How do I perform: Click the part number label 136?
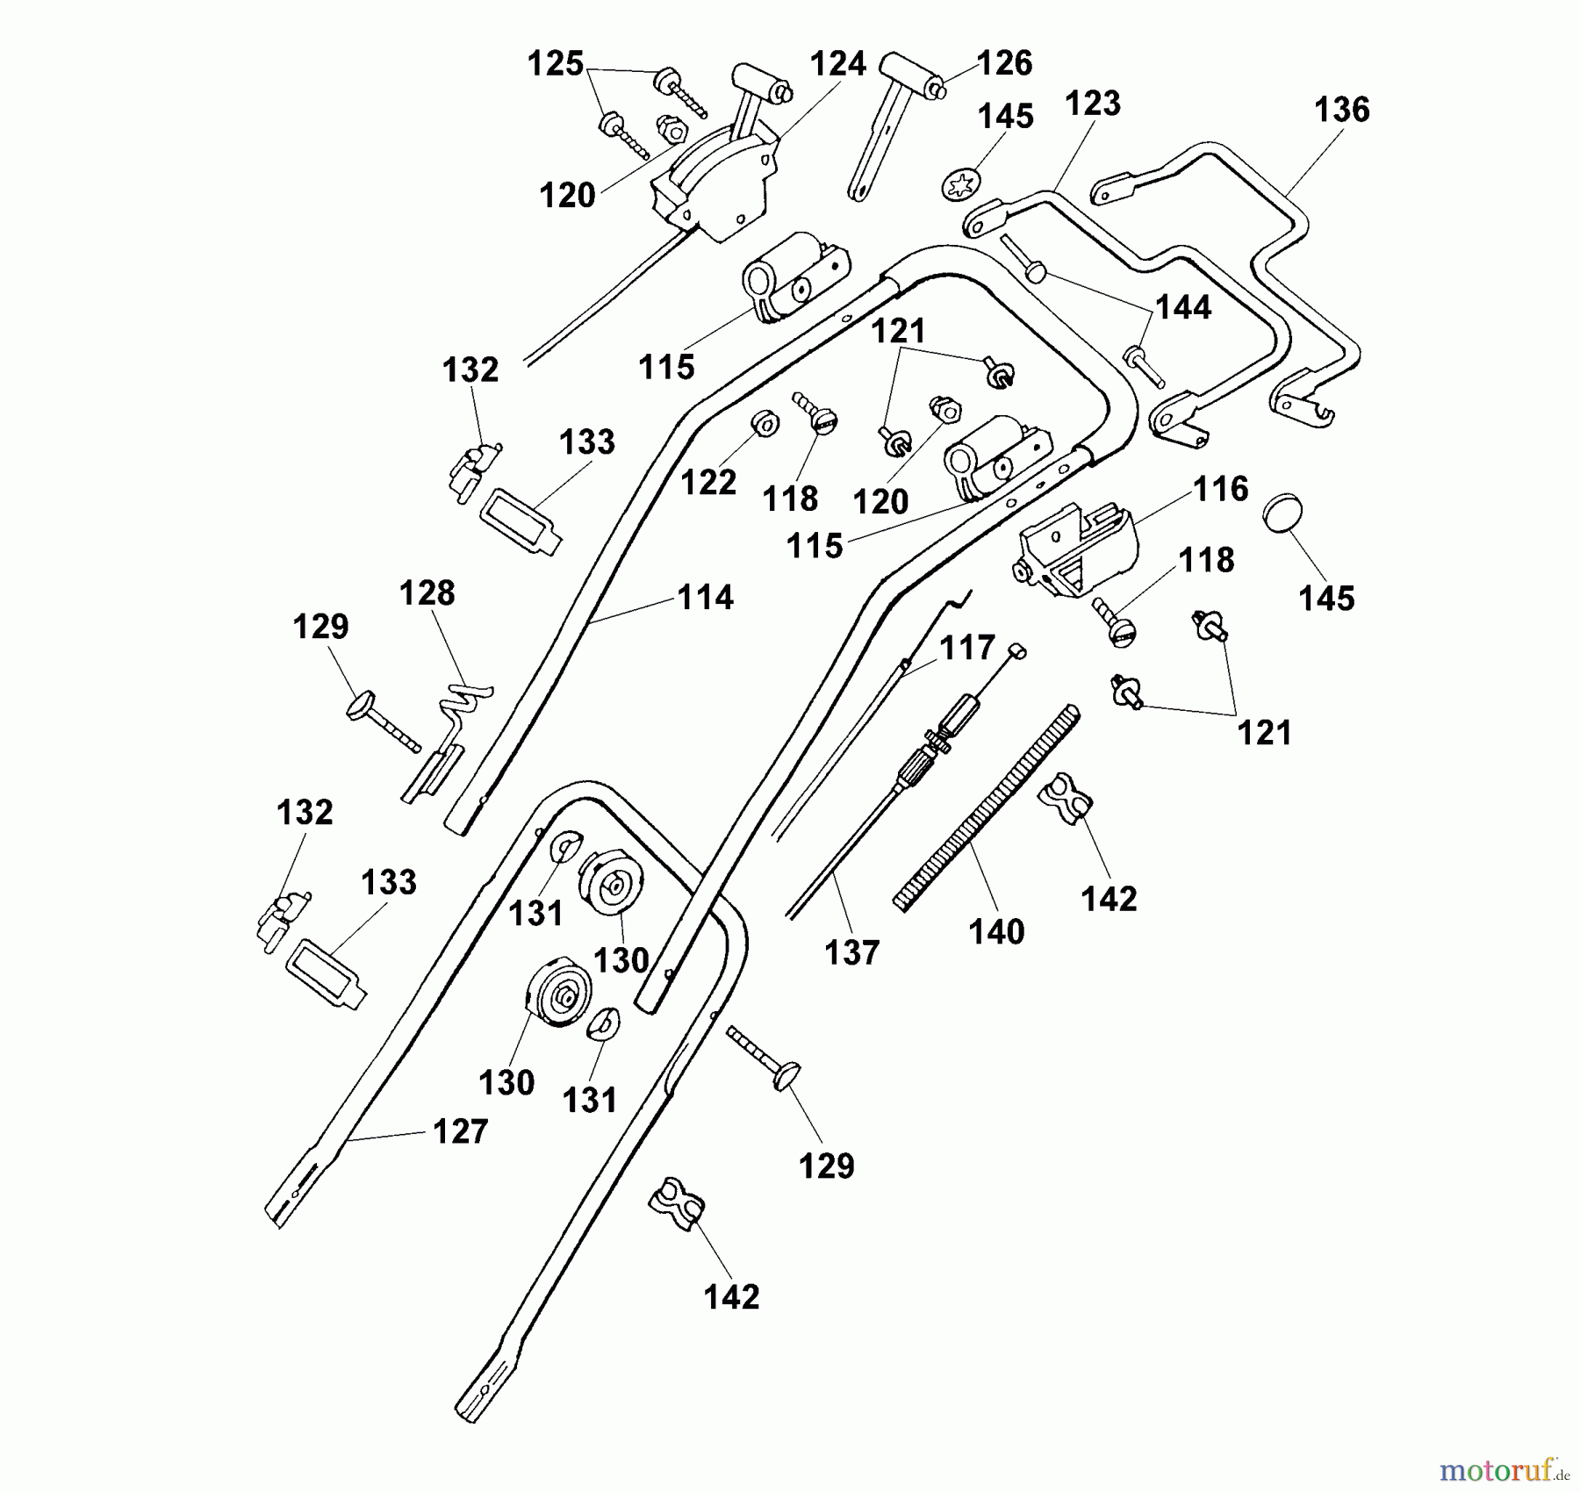[x=1341, y=110]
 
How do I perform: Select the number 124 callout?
[x=837, y=64]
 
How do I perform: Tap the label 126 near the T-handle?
[x=1004, y=63]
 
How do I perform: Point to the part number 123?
[x=1093, y=104]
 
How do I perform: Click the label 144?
[x=1183, y=308]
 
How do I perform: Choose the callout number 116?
[x=1220, y=489]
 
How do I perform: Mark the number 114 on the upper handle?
[x=705, y=598]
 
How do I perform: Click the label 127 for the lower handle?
[x=460, y=1132]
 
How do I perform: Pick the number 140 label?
[x=996, y=932]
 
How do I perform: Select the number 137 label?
[x=851, y=952]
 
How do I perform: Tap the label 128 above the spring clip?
[x=427, y=593]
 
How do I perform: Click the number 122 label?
[x=708, y=482]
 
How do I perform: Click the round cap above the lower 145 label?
[x=1282, y=514]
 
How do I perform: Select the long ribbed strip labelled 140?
[x=987, y=808]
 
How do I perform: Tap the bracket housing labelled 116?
[x=1077, y=549]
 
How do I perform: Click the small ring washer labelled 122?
[x=765, y=425]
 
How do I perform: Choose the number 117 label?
[x=966, y=649]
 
